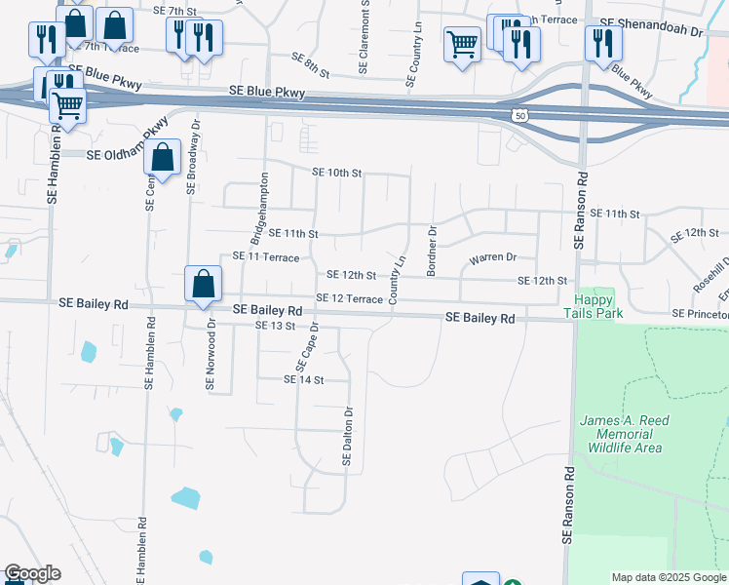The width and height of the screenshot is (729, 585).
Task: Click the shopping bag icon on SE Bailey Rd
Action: tap(204, 285)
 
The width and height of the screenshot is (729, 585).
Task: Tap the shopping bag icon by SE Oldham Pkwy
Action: tap(163, 157)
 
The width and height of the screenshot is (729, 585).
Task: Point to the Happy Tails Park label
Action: tap(594, 306)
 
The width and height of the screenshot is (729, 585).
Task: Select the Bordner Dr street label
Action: tap(431, 248)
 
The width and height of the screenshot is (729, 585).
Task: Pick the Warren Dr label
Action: tap(492, 258)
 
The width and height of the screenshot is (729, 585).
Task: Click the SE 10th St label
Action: tap(337, 173)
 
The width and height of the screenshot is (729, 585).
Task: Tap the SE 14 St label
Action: tap(302, 379)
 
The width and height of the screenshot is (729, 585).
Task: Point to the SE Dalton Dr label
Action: tap(347, 436)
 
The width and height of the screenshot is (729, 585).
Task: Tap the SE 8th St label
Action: tap(311, 66)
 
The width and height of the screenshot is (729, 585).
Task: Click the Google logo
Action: tap(32, 573)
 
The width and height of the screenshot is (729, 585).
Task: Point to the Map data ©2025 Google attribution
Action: tap(668, 577)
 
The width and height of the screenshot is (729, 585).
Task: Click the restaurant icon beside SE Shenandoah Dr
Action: tap(603, 42)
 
